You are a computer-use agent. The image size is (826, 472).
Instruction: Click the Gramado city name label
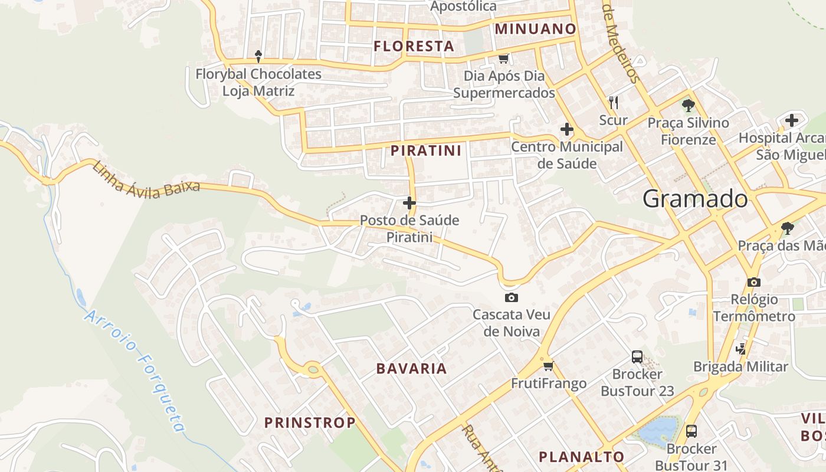click(x=695, y=199)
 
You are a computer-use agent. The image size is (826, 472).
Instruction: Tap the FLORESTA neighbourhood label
click(x=414, y=46)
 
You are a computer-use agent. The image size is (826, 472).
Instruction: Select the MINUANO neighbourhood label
click(x=535, y=28)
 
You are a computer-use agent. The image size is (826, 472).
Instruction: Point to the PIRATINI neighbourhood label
click(x=426, y=150)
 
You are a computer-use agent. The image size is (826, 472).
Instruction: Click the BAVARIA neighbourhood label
click(x=412, y=369)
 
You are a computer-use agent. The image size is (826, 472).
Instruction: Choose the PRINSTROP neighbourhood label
click(x=310, y=422)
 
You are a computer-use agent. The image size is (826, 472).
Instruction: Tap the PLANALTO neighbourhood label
click(x=581, y=457)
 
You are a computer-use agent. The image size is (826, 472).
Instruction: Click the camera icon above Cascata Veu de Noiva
click(x=511, y=297)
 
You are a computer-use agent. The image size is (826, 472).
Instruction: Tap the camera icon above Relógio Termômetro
click(x=753, y=283)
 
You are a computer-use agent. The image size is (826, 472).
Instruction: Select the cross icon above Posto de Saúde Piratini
click(x=409, y=203)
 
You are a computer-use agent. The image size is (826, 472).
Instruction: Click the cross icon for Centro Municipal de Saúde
click(x=566, y=129)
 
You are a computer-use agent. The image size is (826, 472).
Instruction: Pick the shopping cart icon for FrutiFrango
click(x=548, y=366)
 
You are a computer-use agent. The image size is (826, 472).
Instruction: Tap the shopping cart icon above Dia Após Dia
click(x=503, y=58)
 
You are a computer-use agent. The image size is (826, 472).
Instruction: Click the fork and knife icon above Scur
click(x=614, y=103)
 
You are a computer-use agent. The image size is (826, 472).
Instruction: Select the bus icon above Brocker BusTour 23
click(x=637, y=356)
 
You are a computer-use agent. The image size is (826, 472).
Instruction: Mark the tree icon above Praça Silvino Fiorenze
click(x=688, y=106)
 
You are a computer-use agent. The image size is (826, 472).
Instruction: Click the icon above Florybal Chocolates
click(x=258, y=56)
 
